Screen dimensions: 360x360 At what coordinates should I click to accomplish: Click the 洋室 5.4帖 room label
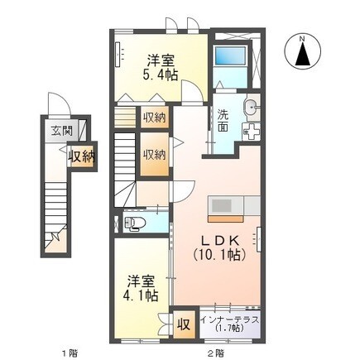(160, 67)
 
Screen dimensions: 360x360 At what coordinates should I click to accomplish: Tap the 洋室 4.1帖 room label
(141, 288)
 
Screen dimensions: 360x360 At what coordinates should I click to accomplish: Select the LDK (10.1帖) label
(219, 248)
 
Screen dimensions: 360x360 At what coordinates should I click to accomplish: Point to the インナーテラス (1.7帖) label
(229, 324)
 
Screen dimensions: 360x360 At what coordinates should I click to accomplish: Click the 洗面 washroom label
(223, 121)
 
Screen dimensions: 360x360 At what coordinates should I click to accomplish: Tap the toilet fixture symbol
(132, 223)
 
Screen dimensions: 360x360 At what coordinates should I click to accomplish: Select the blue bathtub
(230, 56)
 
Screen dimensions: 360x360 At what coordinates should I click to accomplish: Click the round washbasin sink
(251, 106)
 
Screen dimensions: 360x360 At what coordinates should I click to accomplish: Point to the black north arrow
(303, 55)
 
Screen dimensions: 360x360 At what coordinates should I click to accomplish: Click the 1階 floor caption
(70, 353)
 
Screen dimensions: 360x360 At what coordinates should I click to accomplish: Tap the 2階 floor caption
(216, 353)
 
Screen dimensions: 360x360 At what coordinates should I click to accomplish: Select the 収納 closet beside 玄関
(82, 157)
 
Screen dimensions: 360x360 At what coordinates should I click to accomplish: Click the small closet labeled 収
(184, 324)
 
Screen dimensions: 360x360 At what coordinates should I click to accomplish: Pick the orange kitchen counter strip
(226, 219)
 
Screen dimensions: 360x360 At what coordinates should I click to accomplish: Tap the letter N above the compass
(303, 39)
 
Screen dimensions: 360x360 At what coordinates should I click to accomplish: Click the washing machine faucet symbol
(252, 131)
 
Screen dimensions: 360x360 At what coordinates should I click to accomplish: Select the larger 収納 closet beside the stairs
(154, 154)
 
